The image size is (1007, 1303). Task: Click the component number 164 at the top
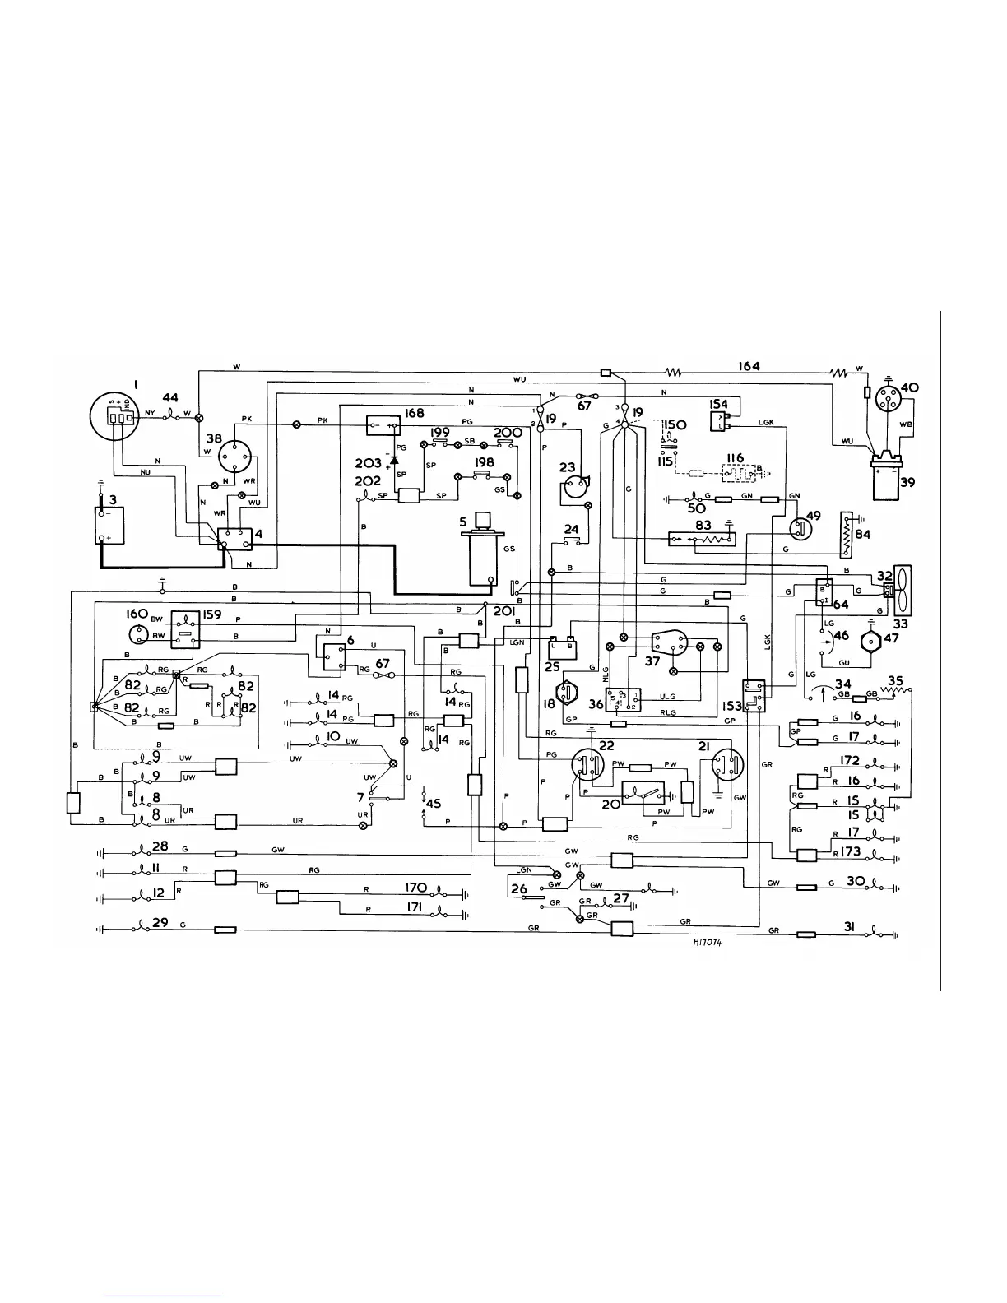click(x=749, y=366)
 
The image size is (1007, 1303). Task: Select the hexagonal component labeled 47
click(x=870, y=642)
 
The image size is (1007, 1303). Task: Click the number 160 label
click(x=137, y=614)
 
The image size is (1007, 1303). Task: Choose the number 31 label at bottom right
click(x=850, y=927)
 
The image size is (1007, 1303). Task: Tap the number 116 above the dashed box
click(x=735, y=458)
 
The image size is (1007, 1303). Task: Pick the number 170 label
click(x=418, y=888)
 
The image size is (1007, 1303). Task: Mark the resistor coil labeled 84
click(x=846, y=539)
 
